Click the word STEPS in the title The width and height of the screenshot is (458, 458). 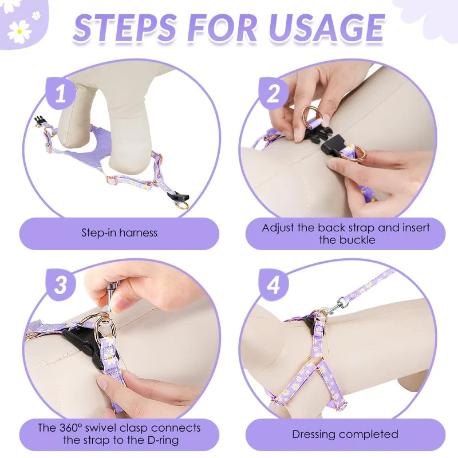(x=125, y=27)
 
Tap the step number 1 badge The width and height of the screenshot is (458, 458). (x=61, y=93)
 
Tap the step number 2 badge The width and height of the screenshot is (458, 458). (x=274, y=93)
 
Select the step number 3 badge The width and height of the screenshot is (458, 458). (x=61, y=285)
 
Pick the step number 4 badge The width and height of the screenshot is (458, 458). (x=274, y=285)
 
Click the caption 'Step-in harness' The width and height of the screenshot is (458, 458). (x=119, y=233)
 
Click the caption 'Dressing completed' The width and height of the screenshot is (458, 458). (x=345, y=435)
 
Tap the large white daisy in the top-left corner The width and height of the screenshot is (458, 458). (x=19, y=31)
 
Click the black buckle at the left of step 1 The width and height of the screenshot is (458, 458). (x=39, y=121)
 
